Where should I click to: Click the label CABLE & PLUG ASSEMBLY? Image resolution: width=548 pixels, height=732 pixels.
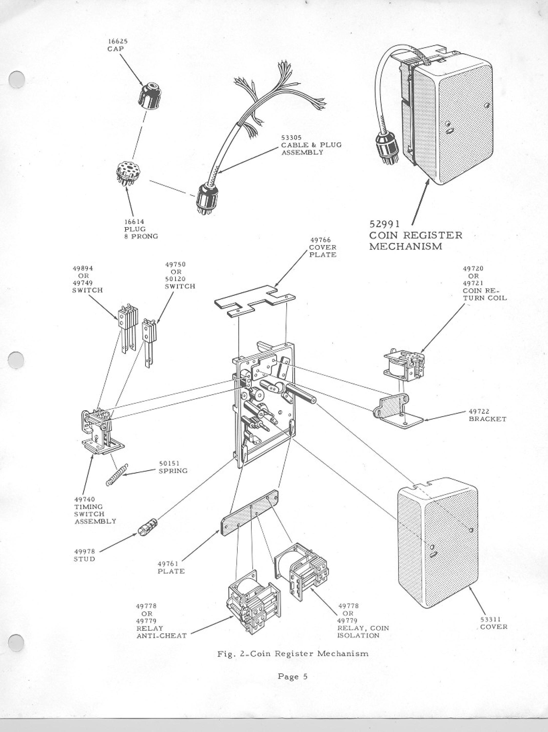click(x=311, y=149)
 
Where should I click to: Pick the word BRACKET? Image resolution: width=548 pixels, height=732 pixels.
click(x=488, y=419)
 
